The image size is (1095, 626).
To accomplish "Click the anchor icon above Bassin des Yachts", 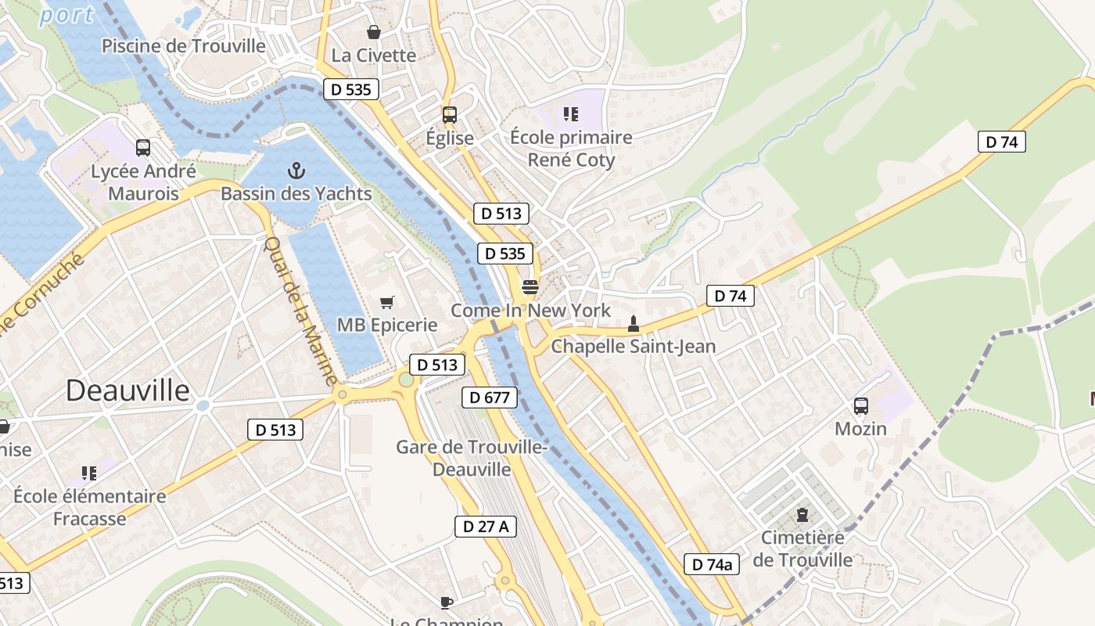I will [296, 170].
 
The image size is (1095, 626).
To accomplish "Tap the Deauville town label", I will [127, 390].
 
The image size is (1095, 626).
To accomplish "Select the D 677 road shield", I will [490, 398].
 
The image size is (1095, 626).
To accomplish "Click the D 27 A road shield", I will [485, 527].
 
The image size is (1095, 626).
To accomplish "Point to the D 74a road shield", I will [711, 564].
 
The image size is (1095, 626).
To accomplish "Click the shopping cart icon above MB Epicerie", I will [386, 302].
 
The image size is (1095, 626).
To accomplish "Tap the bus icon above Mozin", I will [860, 406].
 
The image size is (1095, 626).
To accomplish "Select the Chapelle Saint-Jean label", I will [633, 346].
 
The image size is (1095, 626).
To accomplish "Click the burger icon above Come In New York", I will [530, 286].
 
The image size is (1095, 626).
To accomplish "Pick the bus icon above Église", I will [449, 115].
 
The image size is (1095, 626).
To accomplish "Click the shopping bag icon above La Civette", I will [374, 32].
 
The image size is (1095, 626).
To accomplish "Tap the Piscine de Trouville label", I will [184, 46].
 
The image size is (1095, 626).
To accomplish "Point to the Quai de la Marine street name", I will [300, 310].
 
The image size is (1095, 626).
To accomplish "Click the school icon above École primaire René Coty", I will [570, 115].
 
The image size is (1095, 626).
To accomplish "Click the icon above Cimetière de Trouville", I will [802, 515].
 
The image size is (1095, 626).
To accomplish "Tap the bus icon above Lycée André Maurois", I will [142, 147].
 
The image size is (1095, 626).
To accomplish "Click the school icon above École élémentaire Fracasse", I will [89, 473].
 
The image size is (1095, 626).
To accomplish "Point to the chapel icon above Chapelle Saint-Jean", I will [633, 323].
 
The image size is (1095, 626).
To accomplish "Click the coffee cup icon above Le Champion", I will [446, 602].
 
